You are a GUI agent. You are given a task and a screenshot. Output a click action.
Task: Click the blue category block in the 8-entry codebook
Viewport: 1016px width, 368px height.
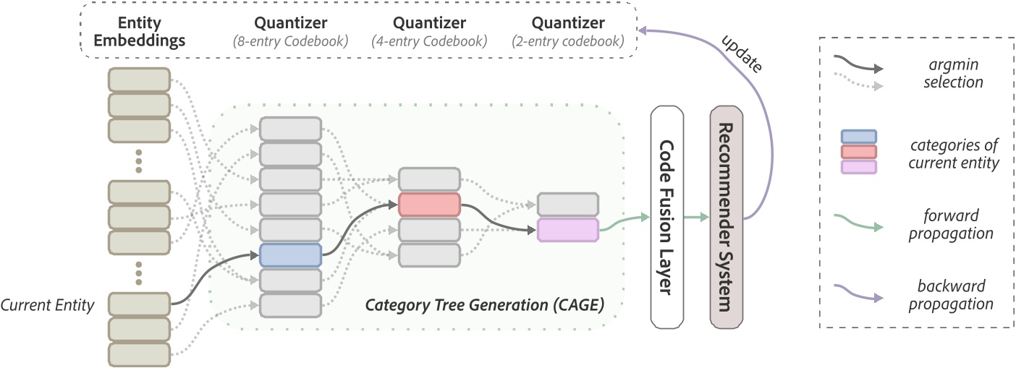coord(290,255)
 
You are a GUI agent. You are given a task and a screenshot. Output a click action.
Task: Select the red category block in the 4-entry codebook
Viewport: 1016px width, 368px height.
coord(429,205)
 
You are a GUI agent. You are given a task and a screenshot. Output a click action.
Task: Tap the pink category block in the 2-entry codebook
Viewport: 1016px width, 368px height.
coord(568,230)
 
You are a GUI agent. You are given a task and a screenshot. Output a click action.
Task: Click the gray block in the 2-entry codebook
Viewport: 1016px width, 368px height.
coord(568,205)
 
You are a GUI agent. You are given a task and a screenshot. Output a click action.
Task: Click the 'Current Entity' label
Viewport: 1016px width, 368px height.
coord(48,305)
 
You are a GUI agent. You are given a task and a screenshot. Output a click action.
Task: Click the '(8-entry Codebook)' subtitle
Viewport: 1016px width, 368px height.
coord(291,42)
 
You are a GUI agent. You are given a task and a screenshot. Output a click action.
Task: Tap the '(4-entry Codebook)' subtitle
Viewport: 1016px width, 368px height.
coord(428,42)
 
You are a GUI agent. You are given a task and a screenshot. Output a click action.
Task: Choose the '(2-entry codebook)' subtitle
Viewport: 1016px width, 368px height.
coord(568,42)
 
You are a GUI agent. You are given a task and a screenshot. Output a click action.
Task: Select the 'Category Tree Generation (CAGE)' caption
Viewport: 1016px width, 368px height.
coord(485,304)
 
